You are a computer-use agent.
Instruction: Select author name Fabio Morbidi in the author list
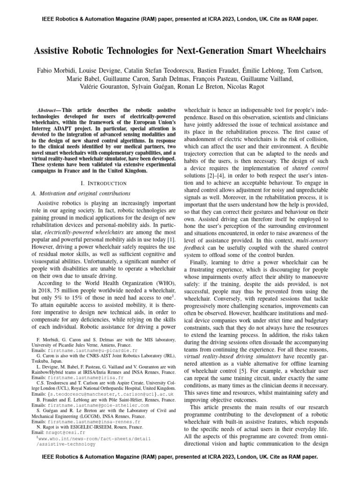tap(57, 70)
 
